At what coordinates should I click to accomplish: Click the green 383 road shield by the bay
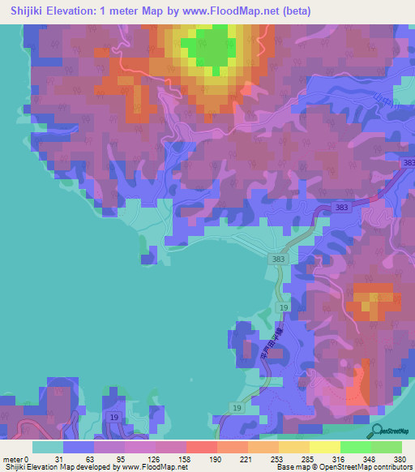279,259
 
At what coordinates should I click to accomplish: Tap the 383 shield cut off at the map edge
409,165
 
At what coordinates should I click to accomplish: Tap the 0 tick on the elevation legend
28,458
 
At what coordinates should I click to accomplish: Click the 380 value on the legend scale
400,458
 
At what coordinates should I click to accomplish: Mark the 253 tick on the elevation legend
278,458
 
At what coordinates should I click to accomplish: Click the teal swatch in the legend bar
48,447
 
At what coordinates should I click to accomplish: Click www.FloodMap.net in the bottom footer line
154,467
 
